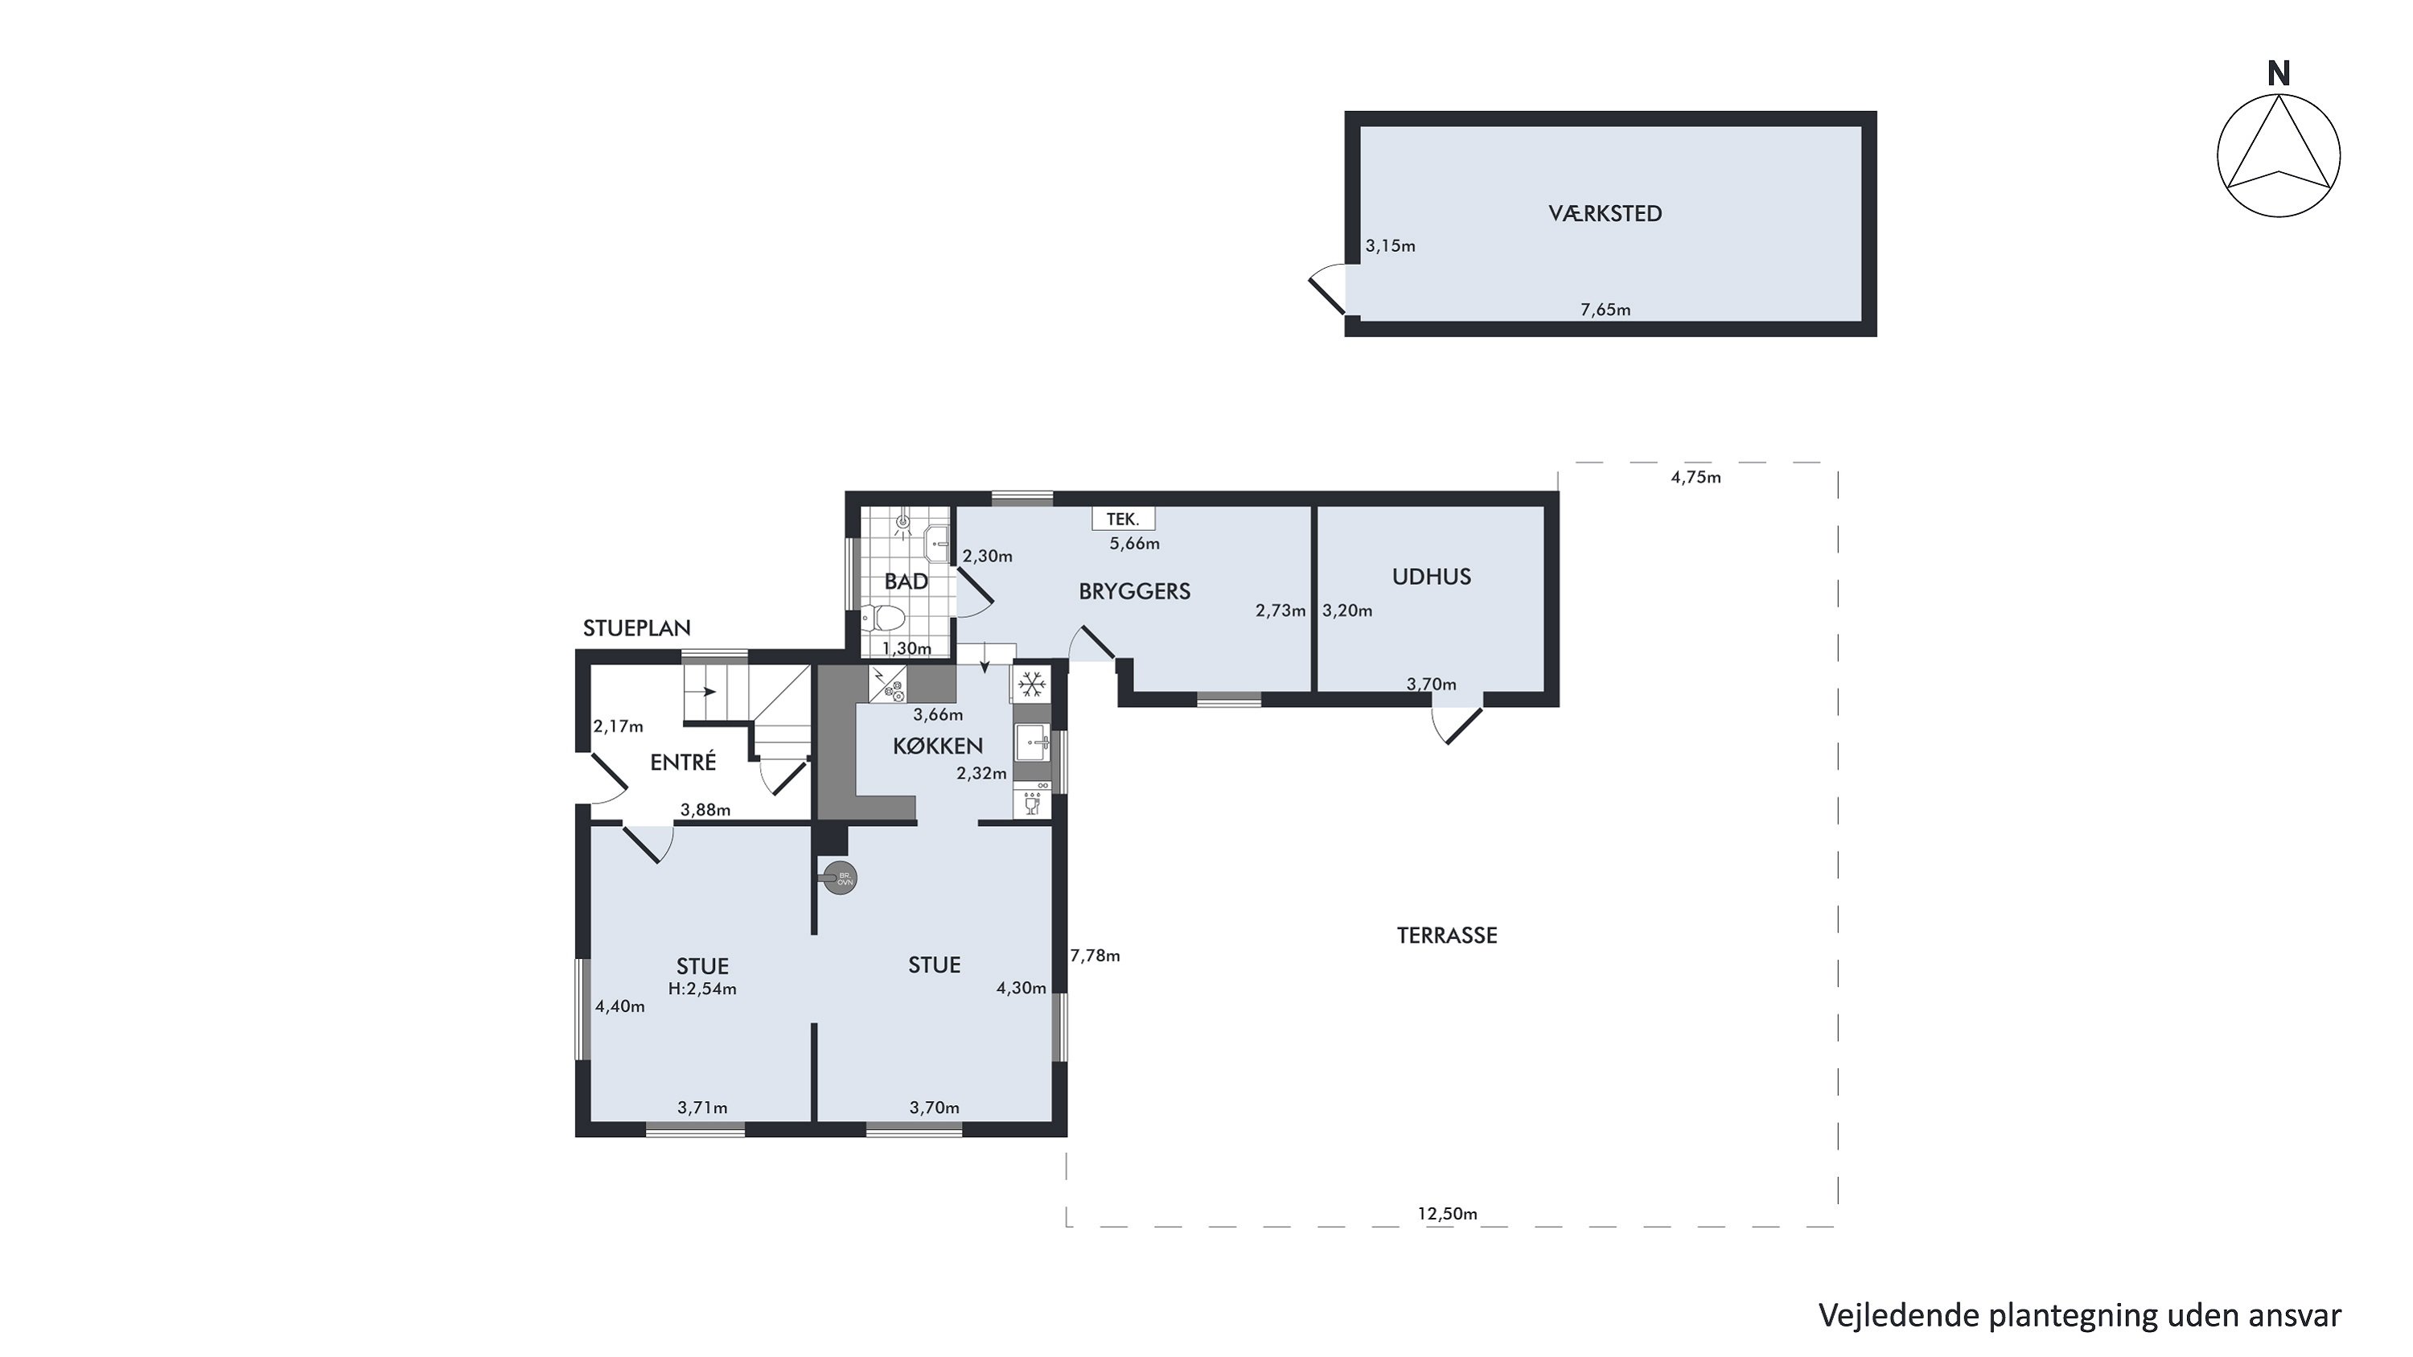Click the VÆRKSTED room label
1605,213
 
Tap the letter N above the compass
2278,74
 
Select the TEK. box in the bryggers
1123,519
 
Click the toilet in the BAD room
882,617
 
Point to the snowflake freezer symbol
1031,685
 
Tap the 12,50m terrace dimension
1447,1214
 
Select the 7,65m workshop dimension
1605,310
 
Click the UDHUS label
1432,577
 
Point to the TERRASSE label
1447,936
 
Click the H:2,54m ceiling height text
702,989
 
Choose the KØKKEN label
938,746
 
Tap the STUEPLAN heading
637,628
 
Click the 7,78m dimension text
1095,956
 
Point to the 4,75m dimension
1696,478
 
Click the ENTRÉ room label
683,763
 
